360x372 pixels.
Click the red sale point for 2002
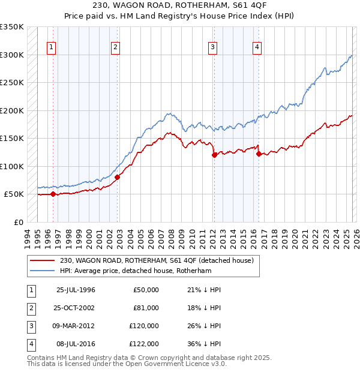[118, 177]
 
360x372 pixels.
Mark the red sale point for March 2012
[214, 155]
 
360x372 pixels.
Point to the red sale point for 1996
[53, 194]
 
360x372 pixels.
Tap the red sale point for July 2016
[259, 154]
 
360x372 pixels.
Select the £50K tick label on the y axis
[14, 194]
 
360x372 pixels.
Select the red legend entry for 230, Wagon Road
[157, 260]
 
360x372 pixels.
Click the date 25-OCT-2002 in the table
[76, 308]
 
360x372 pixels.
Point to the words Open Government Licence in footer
[175, 364]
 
